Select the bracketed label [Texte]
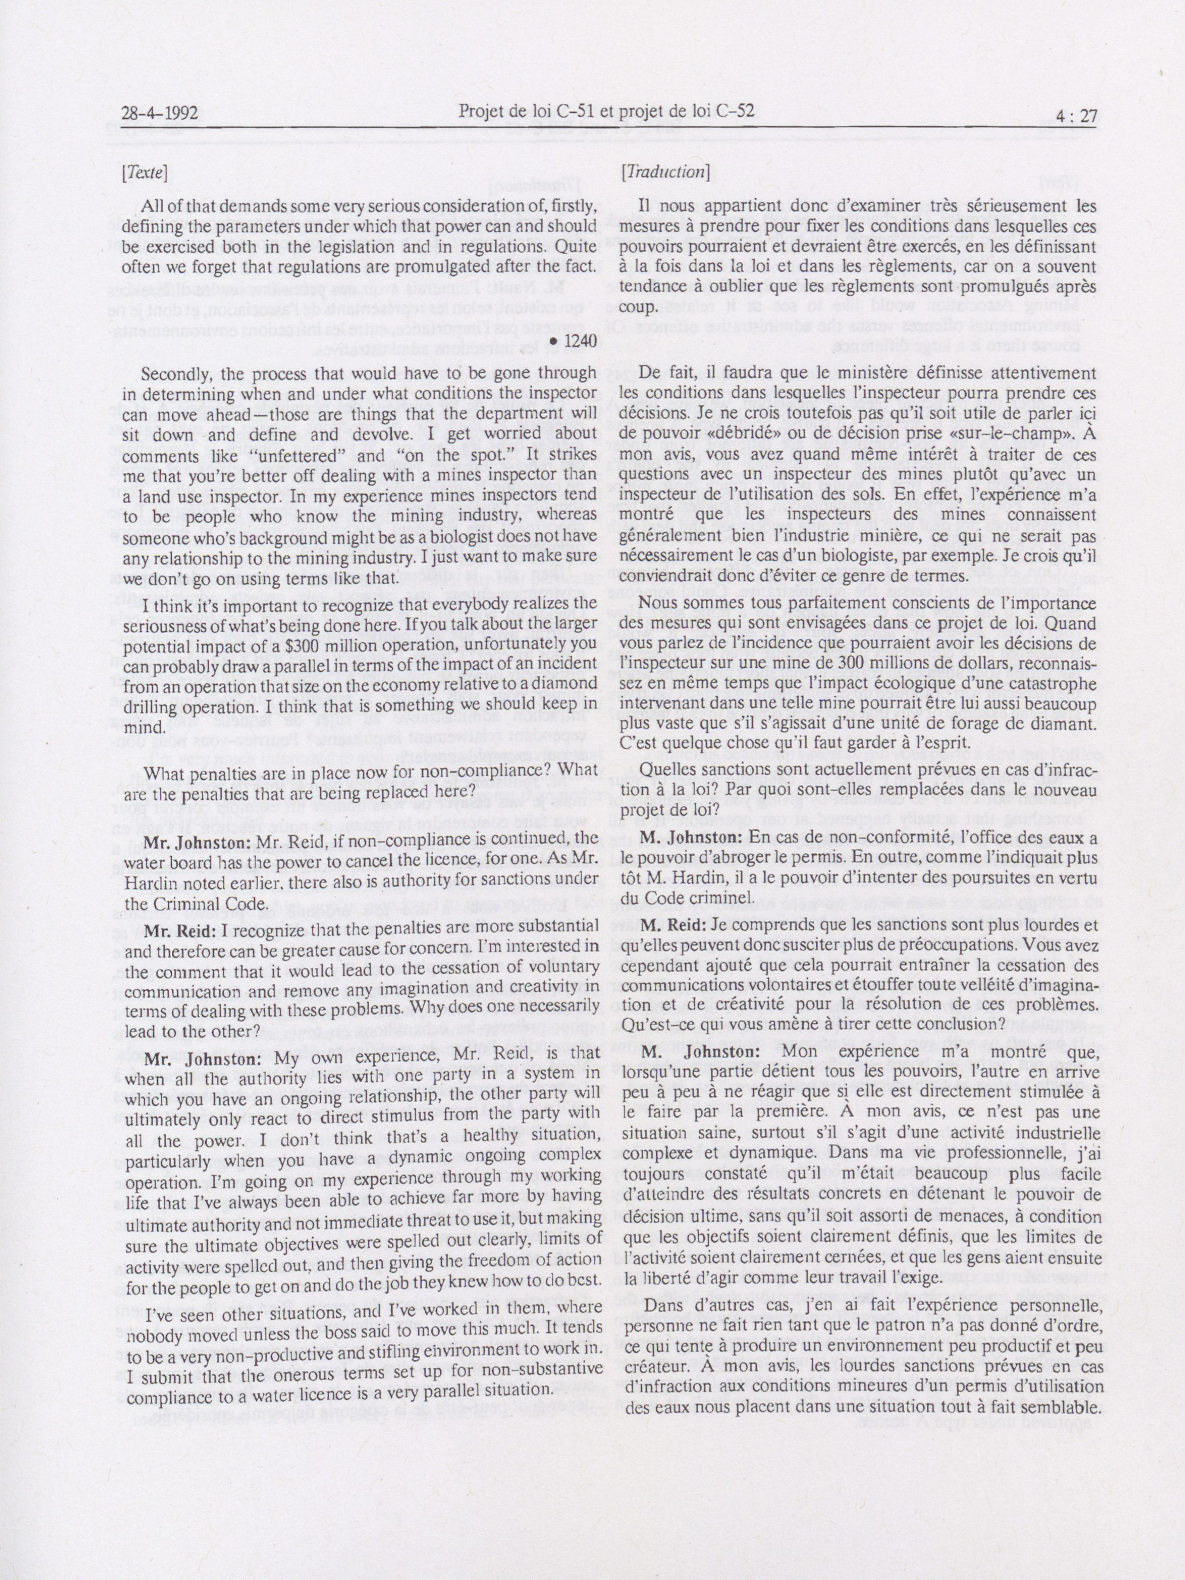pyautogui.click(x=144, y=172)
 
